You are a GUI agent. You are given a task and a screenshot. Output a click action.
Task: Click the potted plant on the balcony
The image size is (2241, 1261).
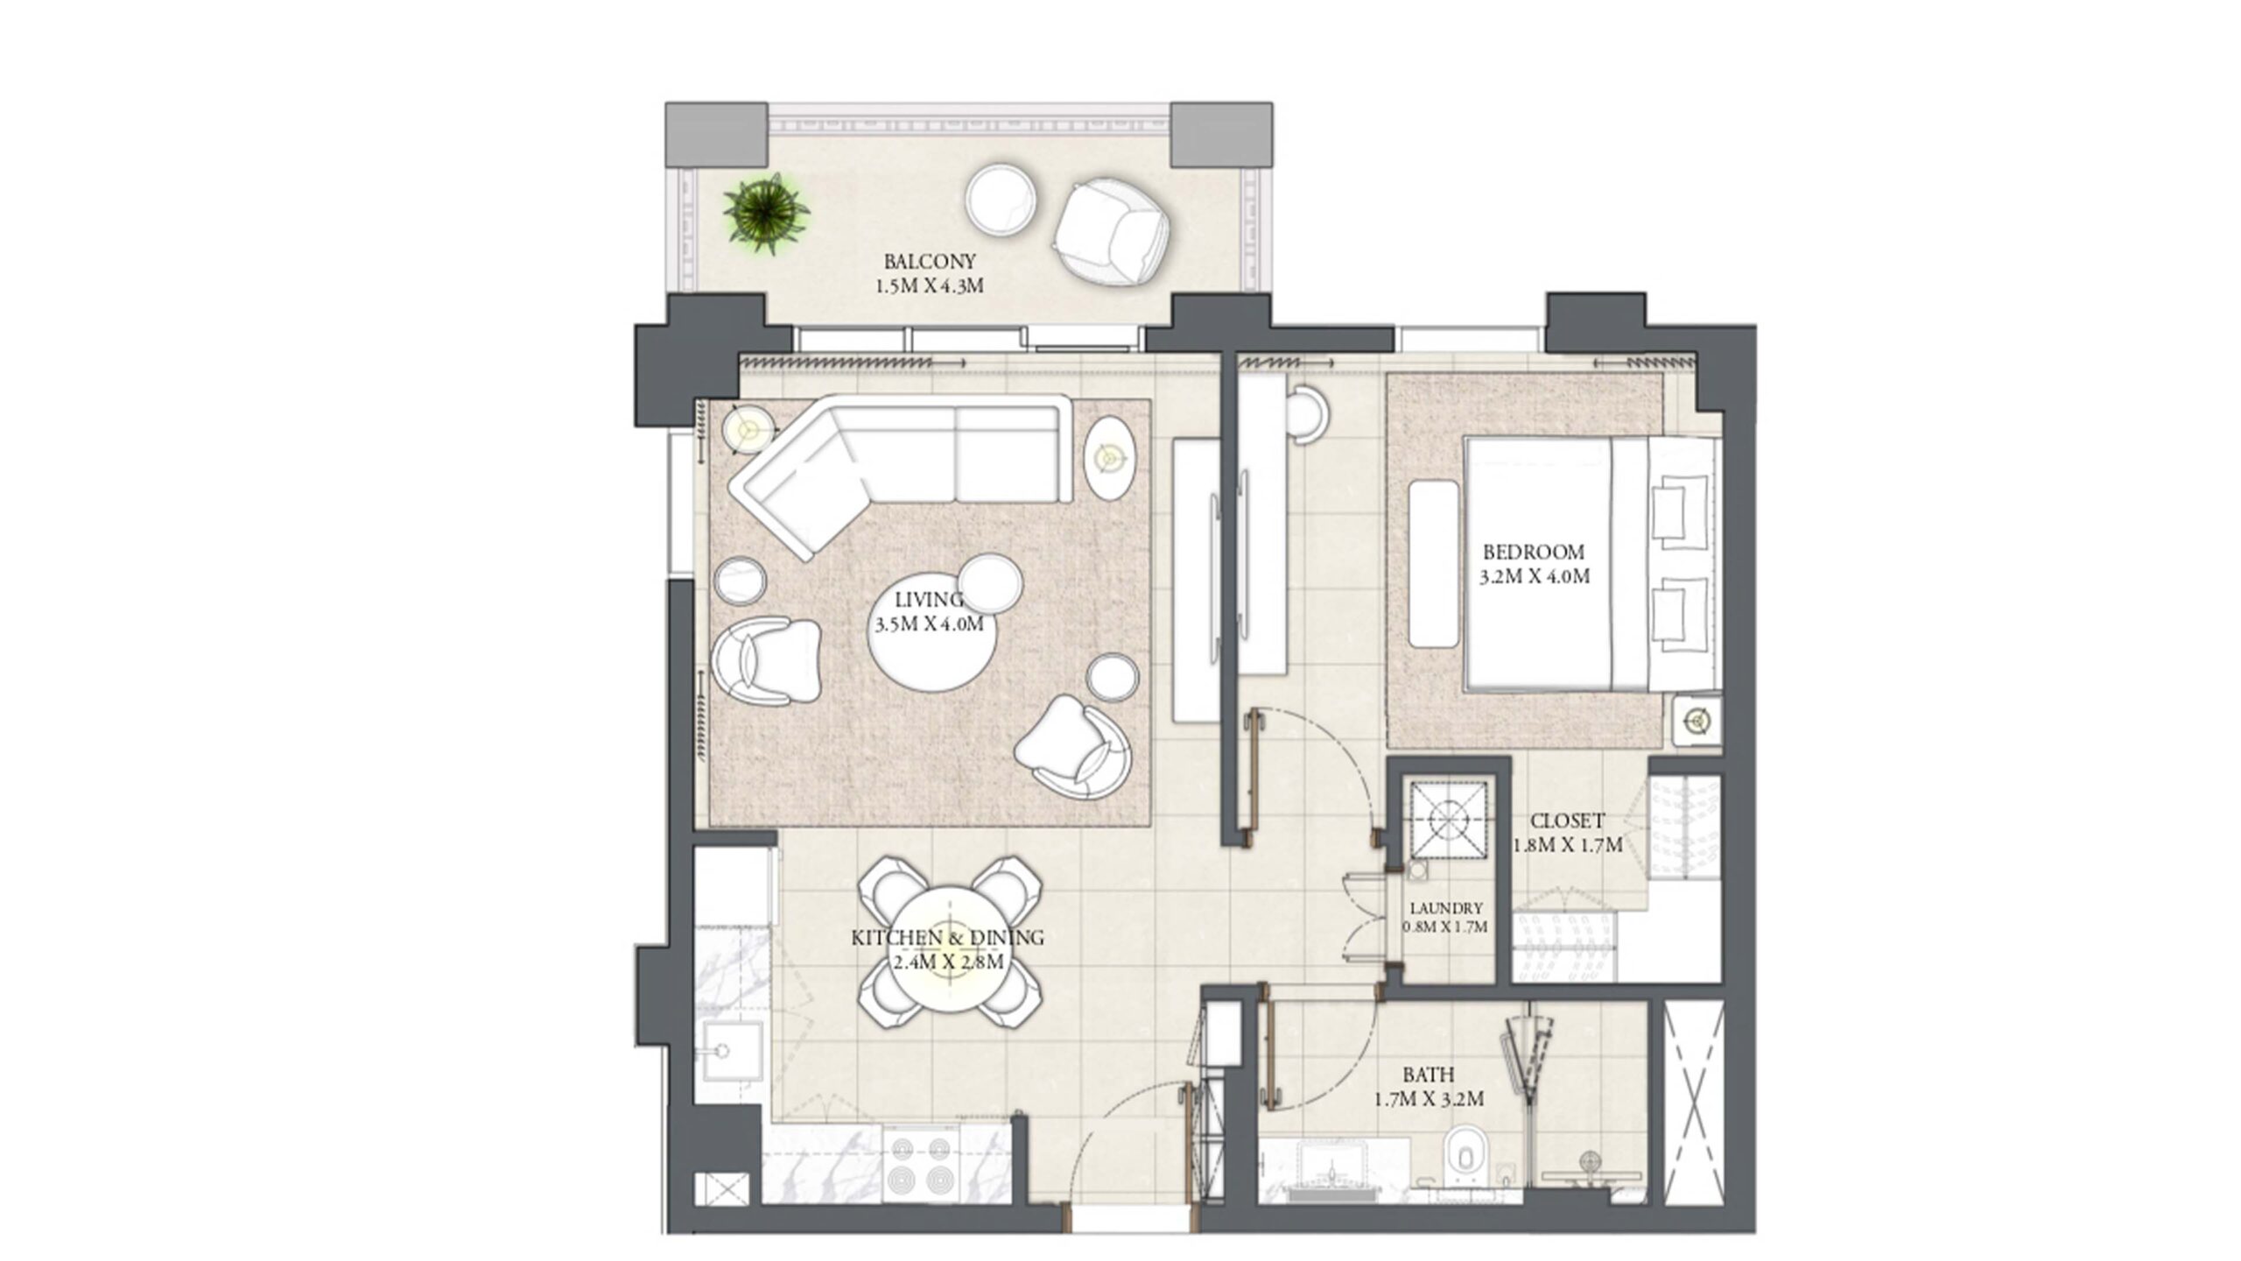tap(766, 213)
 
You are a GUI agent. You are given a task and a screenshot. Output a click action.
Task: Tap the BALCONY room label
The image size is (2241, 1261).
tap(929, 261)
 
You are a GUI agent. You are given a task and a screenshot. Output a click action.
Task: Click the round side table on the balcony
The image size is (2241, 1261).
tap(1001, 200)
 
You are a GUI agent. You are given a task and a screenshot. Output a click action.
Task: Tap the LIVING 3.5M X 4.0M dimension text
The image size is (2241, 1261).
tap(929, 624)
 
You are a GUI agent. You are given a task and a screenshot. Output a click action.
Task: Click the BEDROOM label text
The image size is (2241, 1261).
tap(1533, 552)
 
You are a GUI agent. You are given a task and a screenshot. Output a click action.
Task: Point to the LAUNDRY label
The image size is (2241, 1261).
tap(1445, 909)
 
